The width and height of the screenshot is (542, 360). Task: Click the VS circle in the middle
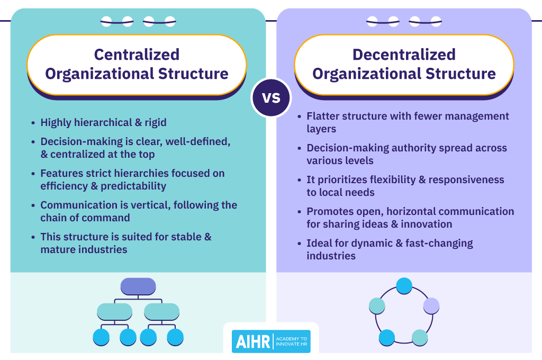click(271, 97)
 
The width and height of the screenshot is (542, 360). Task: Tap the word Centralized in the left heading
click(137, 55)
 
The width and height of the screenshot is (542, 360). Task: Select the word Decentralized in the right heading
click(404, 55)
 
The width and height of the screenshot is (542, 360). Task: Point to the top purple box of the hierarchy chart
click(138, 286)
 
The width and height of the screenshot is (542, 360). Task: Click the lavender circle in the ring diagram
click(431, 305)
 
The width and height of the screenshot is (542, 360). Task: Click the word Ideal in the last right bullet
click(319, 244)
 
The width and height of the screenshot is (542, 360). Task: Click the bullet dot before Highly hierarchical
click(33, 123)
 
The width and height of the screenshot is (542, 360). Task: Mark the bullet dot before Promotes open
click(299, 212)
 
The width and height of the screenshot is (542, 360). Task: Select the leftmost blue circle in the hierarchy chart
click(101, 337)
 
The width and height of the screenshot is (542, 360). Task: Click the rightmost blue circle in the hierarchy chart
click(175, 337)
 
